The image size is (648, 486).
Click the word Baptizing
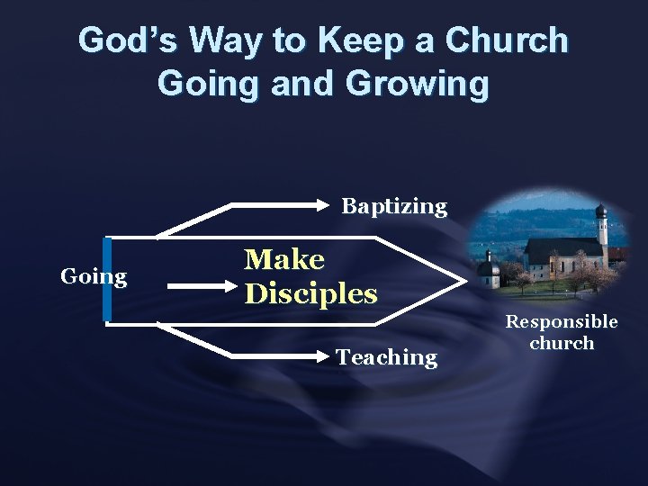pos(393,206)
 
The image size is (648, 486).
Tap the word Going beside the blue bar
pos(94,276)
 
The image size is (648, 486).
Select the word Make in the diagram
pos(284,259)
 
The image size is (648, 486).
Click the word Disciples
pos(310,293)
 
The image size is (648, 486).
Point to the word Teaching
pos(386,357)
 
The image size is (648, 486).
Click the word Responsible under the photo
pos(561,321)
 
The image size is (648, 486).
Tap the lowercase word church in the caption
pos(562,343)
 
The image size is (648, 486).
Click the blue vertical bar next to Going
pos(107,279)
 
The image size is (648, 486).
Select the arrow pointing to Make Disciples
pos(202,287)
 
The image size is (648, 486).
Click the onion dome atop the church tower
pos(600,211)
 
